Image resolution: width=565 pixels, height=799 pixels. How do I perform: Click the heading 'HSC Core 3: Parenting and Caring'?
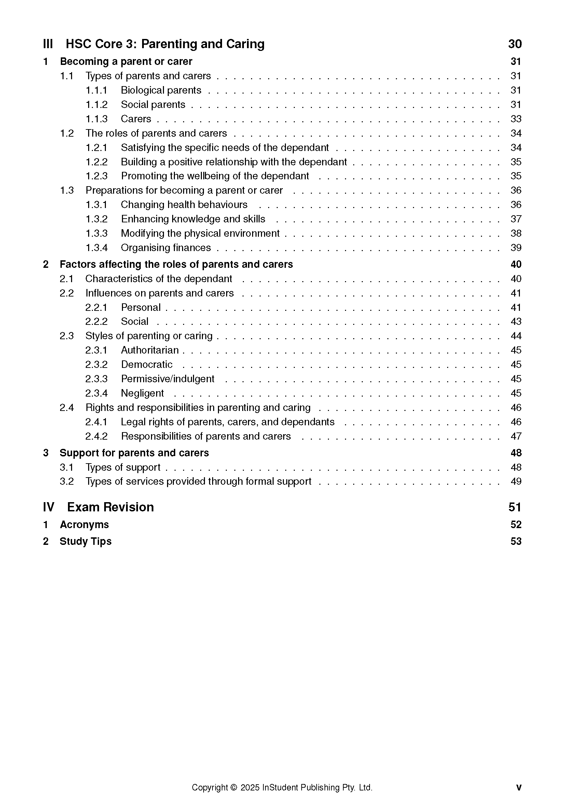165,44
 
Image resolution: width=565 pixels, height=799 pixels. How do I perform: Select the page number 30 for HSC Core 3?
515,44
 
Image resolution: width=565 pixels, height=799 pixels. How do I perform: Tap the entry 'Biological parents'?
161,90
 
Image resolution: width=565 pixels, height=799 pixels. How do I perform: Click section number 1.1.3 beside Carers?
96,119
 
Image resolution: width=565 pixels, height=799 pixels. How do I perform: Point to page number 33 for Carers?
515,119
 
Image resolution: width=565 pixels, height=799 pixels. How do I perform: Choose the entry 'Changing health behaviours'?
184,205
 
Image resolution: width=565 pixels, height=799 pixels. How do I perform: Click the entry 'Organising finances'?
166,248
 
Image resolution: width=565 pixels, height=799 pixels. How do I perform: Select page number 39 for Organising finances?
515,248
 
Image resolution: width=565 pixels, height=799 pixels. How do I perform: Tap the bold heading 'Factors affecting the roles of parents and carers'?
176,264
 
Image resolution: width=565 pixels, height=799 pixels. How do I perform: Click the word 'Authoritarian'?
150,350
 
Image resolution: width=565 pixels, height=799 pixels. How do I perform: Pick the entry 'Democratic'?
147,364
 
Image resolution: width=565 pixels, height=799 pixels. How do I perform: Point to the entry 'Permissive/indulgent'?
167,378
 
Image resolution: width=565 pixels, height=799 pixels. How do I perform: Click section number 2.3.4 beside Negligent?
96,393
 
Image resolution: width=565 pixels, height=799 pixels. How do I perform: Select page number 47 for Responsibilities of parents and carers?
515,436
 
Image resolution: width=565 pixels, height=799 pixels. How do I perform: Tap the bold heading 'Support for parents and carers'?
134,453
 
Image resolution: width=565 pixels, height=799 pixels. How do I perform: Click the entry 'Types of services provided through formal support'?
198,481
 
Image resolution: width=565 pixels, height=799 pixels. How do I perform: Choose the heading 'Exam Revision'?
110,507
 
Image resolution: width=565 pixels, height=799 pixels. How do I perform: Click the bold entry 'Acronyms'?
84,524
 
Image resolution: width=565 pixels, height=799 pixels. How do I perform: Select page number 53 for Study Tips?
515,541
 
